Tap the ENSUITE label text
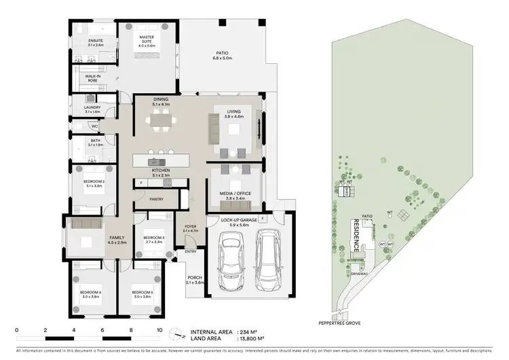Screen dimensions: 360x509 [x=95, y=41]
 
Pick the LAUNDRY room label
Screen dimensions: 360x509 [x=93, y=107]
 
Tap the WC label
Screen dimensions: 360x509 [x=95, y=126]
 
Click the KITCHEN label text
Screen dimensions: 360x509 [x=162, y=170]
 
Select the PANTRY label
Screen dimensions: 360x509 [x=157, y=200]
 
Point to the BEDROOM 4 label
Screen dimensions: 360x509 [x=90, y=294]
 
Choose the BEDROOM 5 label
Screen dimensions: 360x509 [x=143, y=294]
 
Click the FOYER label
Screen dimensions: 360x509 [x=191, y=227]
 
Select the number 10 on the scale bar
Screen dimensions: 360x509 [x=159, y=329]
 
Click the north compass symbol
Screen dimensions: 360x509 [x=178, y=333]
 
